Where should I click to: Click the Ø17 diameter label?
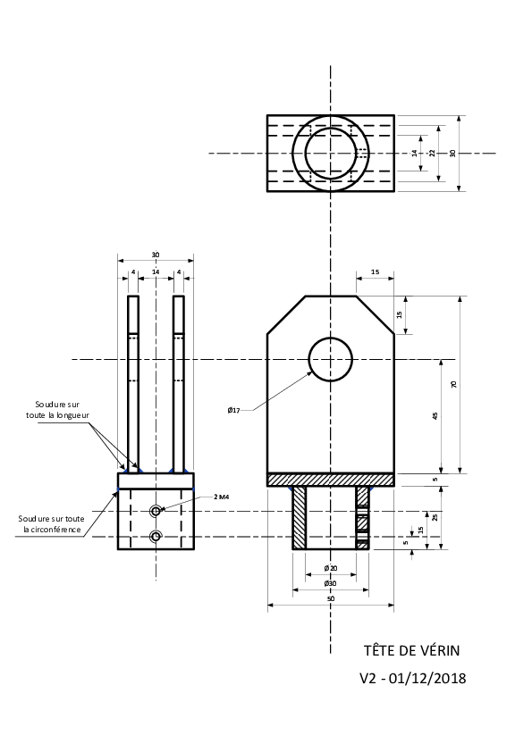pos(234,410)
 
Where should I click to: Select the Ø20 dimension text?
pos(331,568)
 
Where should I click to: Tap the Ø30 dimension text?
pos(330,583)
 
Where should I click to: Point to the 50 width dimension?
pos(330,598)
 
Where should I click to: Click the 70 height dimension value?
pos(454,384)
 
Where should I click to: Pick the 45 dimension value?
pos(435,416)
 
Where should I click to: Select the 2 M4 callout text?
pos(222,497)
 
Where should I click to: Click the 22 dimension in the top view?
pos(432,153)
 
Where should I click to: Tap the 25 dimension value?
pos(435,517)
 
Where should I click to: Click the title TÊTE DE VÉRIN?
pos(411,650)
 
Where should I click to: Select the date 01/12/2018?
pos(427,678)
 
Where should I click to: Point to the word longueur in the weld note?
pos(72,415)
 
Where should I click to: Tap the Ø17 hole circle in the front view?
pos(331,338)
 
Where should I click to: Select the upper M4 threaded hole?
pos(156,511)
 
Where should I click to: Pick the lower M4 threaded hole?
pos(156,537)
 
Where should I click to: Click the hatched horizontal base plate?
pos(331,480)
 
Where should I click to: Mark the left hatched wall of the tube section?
pos(299,517)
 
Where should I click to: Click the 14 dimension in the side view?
pos(156,272)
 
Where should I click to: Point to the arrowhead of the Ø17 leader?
pos(310,373)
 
